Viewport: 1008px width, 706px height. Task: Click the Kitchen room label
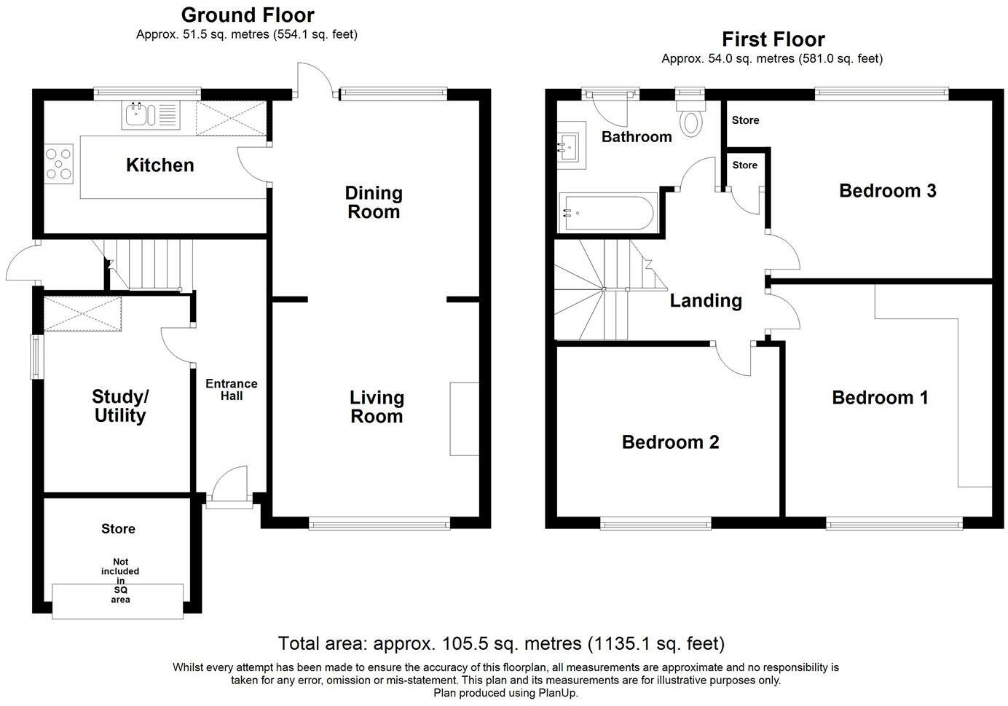tap(160, 165)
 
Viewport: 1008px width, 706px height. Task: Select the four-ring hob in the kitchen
tap(58, 163)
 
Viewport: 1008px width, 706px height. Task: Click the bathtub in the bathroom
tap(608, 213)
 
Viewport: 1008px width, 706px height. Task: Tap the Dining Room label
tap(374, 202)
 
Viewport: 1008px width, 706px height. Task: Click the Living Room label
tap(377, 407)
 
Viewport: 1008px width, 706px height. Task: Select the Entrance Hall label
tap(232, 390)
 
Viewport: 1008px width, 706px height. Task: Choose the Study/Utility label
tap(120, 406)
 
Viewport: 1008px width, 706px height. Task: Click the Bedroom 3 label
tap(887, 191)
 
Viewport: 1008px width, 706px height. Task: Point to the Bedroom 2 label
tap(670, 442)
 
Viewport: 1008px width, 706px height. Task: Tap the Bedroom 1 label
tap(880, 398)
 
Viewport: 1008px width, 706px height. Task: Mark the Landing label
tap(706, 301)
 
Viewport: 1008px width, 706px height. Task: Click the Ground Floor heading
tap(248, 15)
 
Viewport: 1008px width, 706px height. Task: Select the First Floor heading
tap(773, 39)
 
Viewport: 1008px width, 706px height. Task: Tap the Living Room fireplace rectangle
tap(464, 419)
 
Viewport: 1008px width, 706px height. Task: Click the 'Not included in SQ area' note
tap(120, 581)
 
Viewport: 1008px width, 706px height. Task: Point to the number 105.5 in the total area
tap(465, 644)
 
